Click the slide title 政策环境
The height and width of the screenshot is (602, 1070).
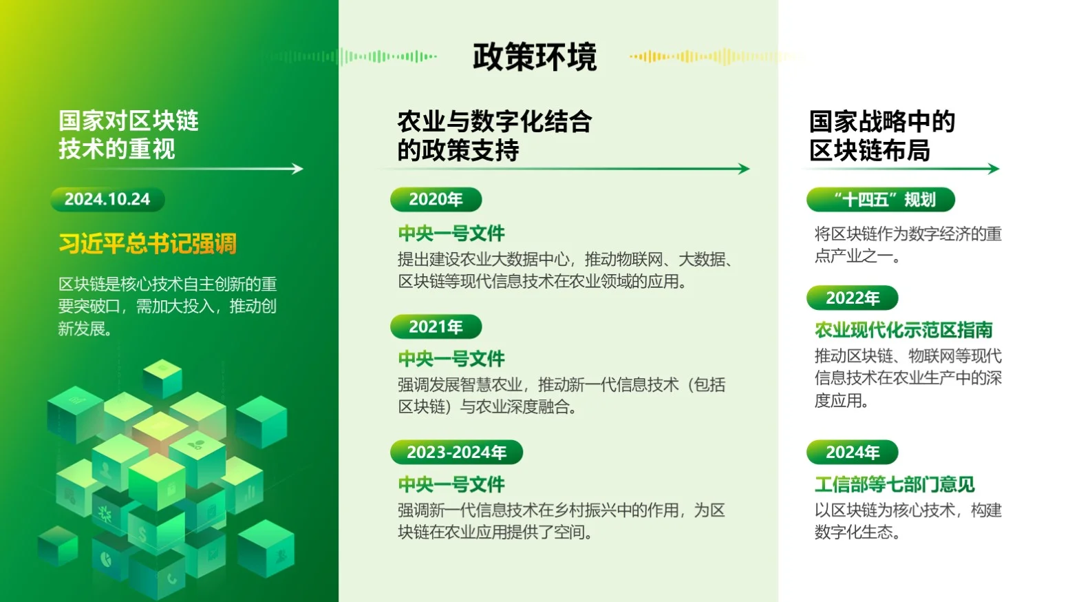pyautogui.click(x=534, y=56)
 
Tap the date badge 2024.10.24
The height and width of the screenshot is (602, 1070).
pyautogui.click(x=107, y=200)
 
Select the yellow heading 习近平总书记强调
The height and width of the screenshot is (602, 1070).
pyautogui.click(x=148, y=244)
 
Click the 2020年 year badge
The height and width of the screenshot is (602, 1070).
pyautogui.click(x=436, y=200)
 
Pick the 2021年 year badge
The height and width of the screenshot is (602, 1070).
pyautogui.click(x=436, y=326)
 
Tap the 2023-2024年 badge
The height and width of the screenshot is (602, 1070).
pyautogui.click(x=456, y=453)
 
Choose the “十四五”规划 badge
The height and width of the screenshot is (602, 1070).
pyautogui.click(x=881, y=200)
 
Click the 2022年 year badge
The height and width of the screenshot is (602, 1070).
pyautogui.click(x=853, y=298)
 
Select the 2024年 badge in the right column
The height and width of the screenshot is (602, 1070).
pyautogui.click(x=853, y=453)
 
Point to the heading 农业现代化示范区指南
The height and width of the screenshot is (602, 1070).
pyautogui.click(x=903, y=331)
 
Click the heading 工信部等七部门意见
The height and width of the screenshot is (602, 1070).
pyautogui.click(x=895, y=485)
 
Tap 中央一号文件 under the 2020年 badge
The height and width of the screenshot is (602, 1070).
pyautogui.click(x=451, y=233)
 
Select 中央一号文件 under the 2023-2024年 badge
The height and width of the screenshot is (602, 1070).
pyautogui.click(x=451, y=485)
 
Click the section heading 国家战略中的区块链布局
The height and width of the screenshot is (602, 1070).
pyautogui.click(x=881, y=136)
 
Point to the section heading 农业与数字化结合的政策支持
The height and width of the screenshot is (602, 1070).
pyautogui.click(x=494, y=136)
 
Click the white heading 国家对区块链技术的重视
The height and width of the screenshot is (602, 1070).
pyautogui.click(x=128, y=135)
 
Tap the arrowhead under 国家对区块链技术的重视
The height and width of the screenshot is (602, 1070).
pyautogui.click(x=297, y=169)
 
